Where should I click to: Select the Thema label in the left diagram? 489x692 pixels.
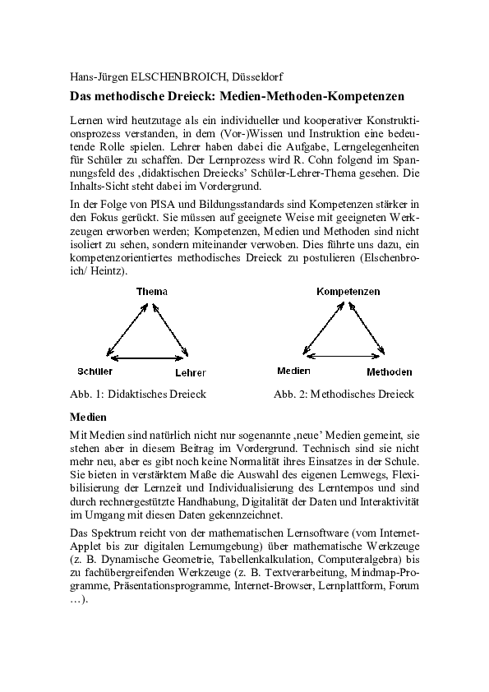[151, 292]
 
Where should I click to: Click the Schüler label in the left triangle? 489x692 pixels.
[95, 371]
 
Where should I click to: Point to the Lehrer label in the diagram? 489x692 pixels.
[191, 372]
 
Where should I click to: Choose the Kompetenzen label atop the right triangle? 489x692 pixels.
[348, 292]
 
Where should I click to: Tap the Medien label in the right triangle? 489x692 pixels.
[293, 371]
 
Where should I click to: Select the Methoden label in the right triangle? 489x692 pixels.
[390, 371]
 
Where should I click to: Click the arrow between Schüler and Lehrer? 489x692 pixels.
[145, 358]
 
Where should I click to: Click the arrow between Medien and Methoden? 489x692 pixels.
[343, 355]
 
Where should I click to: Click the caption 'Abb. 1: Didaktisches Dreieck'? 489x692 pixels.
[138, 394]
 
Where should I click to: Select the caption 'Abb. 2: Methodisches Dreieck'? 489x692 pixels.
[344, 394]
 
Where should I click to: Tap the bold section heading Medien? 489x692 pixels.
[88, 417]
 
